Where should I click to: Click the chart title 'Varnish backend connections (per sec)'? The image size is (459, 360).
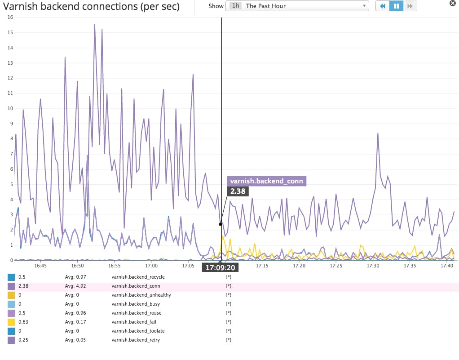click(x=92, y=7)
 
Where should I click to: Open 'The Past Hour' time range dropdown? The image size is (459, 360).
click(x=297, y=6)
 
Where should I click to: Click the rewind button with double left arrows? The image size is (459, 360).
click(x=382, y=6)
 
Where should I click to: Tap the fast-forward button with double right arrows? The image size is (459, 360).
click(x=410, y=6)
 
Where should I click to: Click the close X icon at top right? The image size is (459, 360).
click(x=453, y=3)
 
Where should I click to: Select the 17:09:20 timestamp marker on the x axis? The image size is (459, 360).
click(x=220, y=267)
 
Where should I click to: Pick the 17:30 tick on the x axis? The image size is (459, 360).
click(x=373, y=266)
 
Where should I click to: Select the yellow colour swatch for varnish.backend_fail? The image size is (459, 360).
click(x=11, y=322)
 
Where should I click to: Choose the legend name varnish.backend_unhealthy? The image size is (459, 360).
click(x=141, y=295)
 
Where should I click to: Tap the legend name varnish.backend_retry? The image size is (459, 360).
click(x=135, y=340)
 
